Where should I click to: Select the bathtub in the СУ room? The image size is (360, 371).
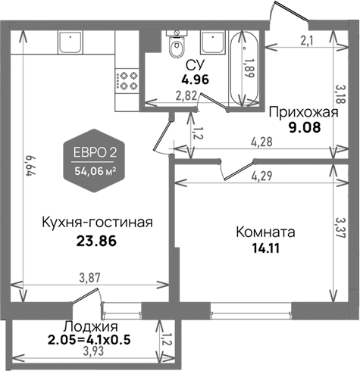tap(243, 66)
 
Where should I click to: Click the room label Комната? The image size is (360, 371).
tap(265, 231)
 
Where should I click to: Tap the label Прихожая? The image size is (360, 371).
tap(302, 113)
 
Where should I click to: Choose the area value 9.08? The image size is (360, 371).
tap(302, 127)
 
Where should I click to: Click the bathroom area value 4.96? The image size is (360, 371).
tap(194, 77)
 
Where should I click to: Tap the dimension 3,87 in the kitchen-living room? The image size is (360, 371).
tap(90, 279)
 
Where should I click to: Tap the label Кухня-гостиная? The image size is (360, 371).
tap(95, 223)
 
